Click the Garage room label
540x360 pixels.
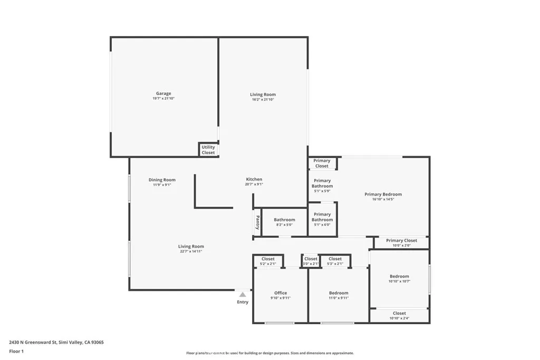tap(163, 94)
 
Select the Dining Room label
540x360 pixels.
tap(162, 180)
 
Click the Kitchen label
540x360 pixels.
tap(254, 179)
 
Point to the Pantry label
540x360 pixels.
tap(257, 223)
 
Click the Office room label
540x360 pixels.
tap(281, 293)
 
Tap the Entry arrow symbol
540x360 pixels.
tap(243, 295)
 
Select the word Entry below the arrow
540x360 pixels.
tap(243, 302)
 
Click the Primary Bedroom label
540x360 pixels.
tap(383, 194)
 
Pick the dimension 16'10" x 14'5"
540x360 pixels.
tap(383, 199)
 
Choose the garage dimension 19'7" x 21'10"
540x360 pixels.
tap(163, 99)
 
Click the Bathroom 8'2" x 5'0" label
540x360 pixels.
tap(284, 220)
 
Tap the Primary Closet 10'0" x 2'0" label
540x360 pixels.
tap(401, 241)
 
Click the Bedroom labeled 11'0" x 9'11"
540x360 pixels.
tap(339, 293)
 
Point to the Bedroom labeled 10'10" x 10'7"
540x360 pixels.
tap(399, 276)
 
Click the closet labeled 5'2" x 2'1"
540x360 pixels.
tap(268, 259)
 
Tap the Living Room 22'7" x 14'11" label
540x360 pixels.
tap(191, 247)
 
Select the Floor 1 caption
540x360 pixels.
tap(16, 351)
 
